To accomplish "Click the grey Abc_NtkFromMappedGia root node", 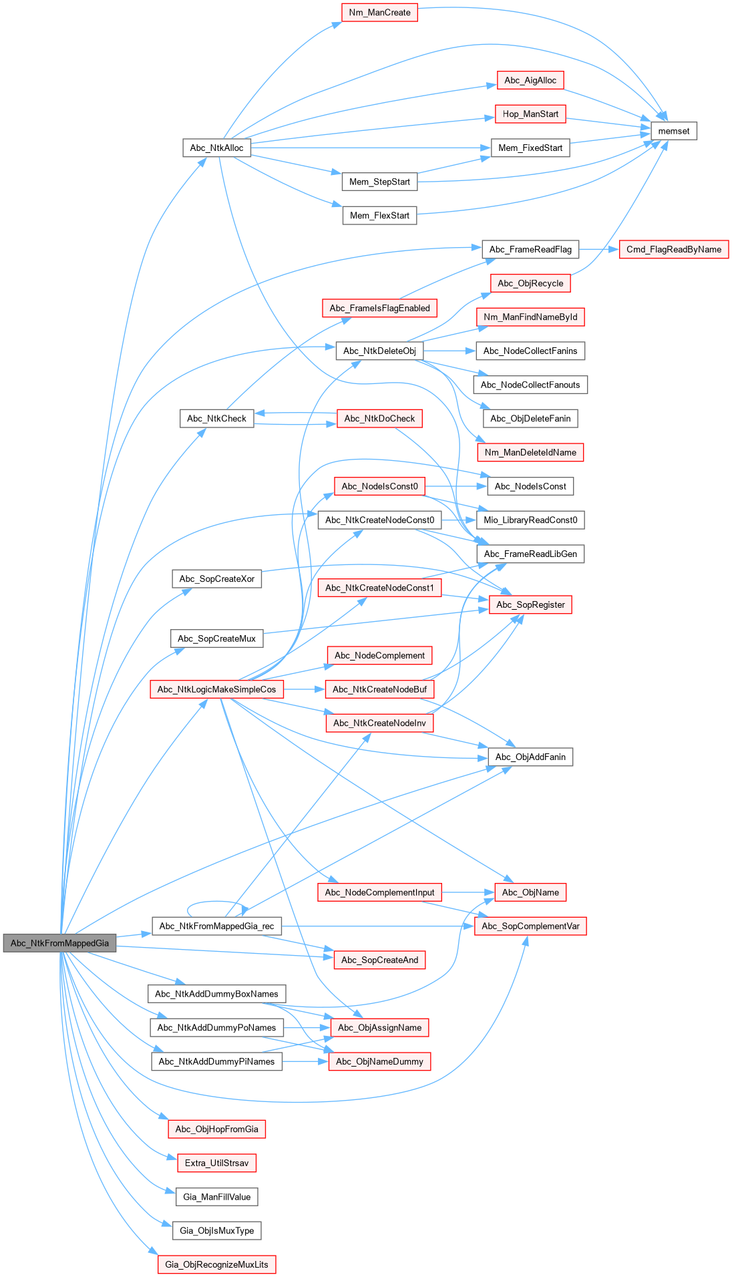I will pyautogui.click(x=59, y=943).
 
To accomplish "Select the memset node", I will pyautogui.click(x=673, y=131).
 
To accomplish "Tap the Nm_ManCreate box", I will pyautogui.click(x=379, y=13).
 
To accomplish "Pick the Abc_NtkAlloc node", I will pyautogui.click(x=216, y=148).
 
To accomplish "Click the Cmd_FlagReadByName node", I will pyautogui.click(x=673, y=249).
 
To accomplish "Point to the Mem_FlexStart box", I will pyautogui.click(x=379, y=215).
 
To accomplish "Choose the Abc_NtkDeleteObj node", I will pyautogui.click(x=379, y=351).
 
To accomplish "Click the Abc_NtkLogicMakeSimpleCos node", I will pyautogui.click(x=216, y=689).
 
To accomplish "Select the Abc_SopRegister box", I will pyautogui.click(x=530, y=604).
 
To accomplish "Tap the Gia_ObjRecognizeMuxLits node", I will pyautogui.click(x=216, y=1264).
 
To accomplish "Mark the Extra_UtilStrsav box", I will pyautogui.click(x=216, y=1163).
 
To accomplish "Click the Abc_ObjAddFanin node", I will pyautogui.click(x=530, y=757).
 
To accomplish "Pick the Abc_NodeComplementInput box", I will pyautogui.click(x=379, y=892).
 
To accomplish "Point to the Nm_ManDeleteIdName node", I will pyautogui.click(x=530, y=452).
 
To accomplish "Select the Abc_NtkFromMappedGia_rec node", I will pyautogui.click(x=216, y=926).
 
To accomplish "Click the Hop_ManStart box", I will pyautogui.click(x=530, y=114).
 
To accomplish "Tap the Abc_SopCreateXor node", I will pyautogui.click(x=216, y=579).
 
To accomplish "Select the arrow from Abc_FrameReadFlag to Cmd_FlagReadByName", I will pyautogui.click(x=599, y=249).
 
